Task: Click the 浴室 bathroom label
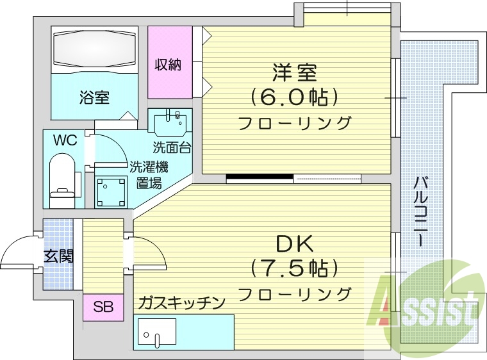pyautogui.click(x=94, y=98)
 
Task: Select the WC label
pyautogui.click(x=65, y=140)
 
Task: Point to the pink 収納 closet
pyautogui.click(x=169, y=64)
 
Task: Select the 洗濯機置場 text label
pyautogui.click(x=149, y=174)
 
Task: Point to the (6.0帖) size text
pyautogui.click(x=294, y=97)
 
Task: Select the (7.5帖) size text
pyautogui.click(x=294, y=266)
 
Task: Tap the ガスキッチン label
pyautogui.click(x=182, y=302)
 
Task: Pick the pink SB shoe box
pyautogui.click(x=103, y=307)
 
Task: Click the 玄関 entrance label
pyautogui.click(x=58, y=257)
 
